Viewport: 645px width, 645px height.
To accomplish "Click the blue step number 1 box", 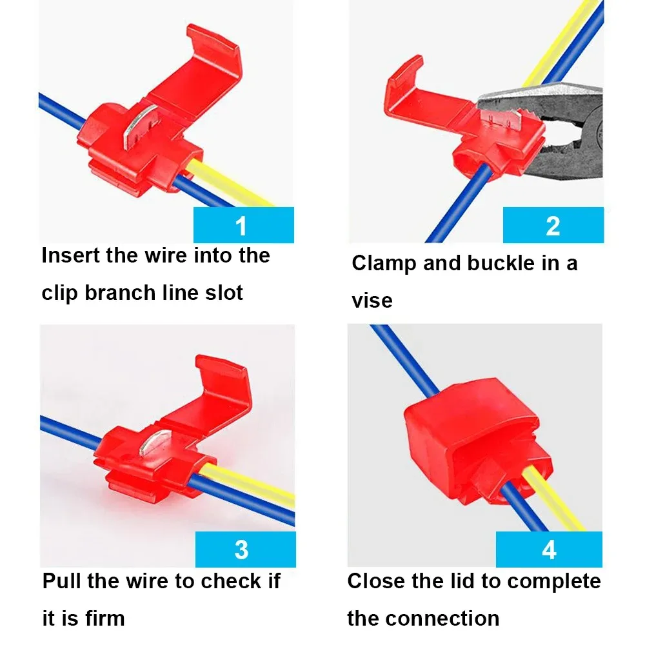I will (244, 225).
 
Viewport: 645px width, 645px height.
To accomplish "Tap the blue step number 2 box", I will (553, 225).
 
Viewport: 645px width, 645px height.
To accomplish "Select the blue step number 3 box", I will (244, 550).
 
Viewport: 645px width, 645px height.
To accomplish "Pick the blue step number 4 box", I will (548, 550).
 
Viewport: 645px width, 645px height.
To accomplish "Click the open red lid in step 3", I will (213, 393).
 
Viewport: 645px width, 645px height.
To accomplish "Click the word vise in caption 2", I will (372, 300).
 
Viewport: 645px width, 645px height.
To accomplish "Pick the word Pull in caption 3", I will (62, 581).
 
